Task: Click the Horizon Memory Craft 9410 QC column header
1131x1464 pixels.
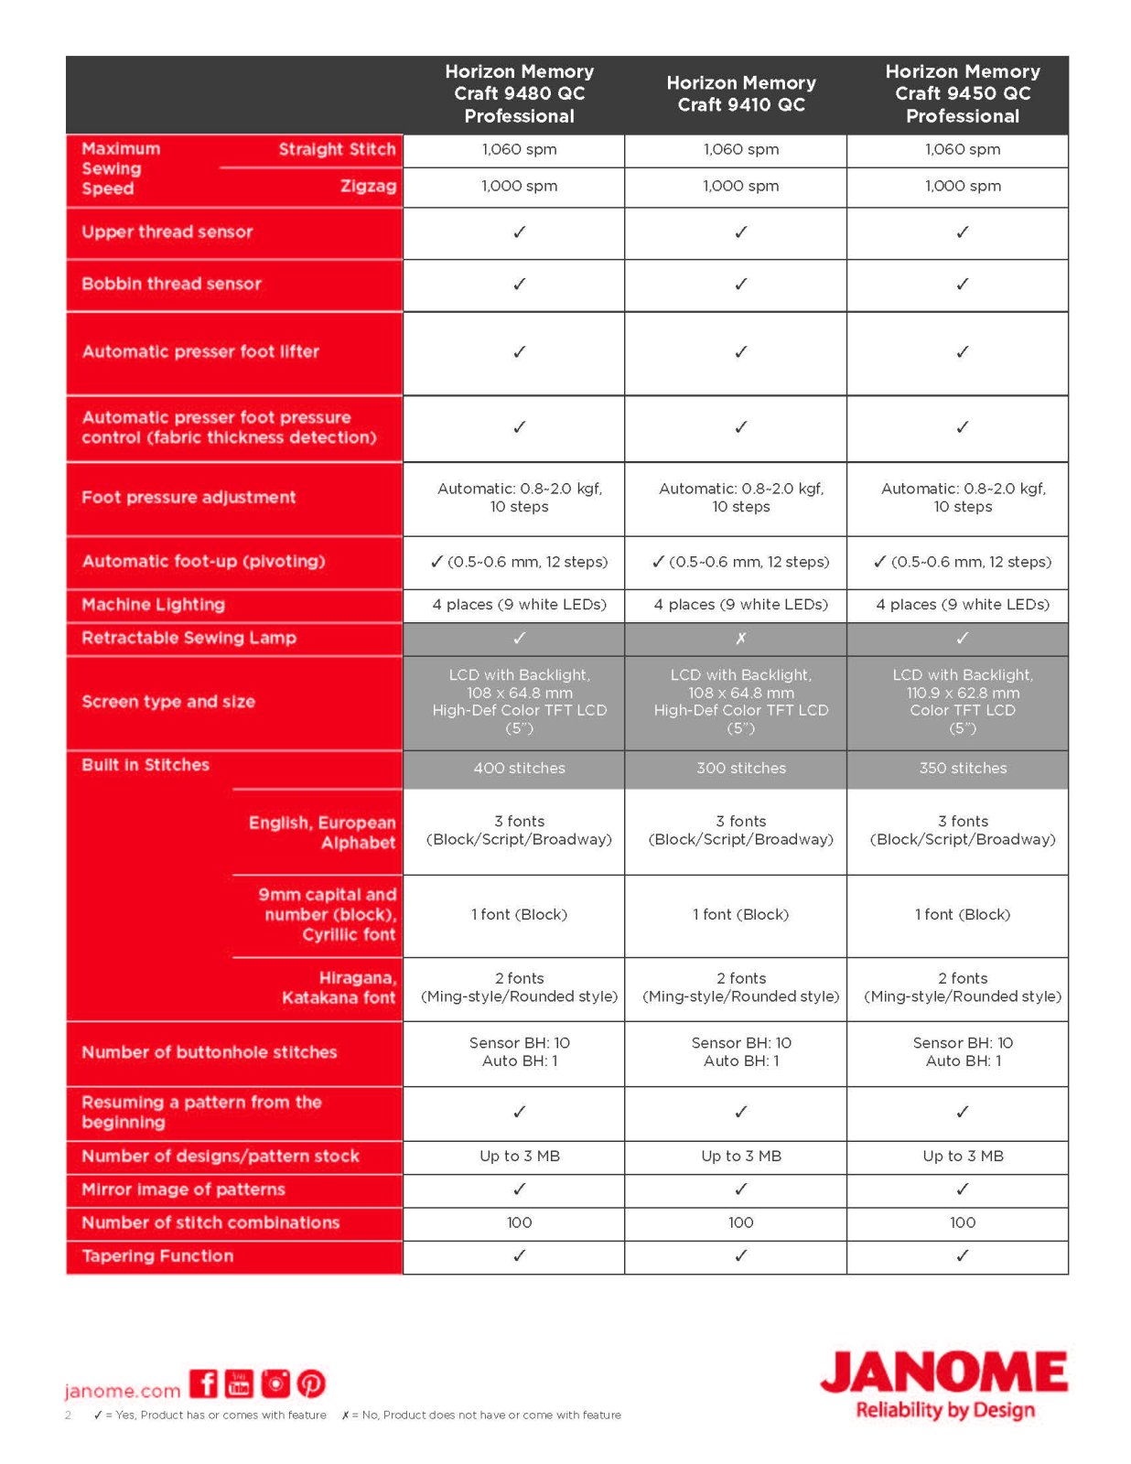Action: click(x=740, y=94)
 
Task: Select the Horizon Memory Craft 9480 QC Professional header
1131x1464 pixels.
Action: click(x=519, y=94)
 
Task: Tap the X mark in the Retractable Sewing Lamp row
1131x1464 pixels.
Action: click(x=740, y=638)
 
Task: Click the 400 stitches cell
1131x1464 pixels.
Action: click(x=519, y=768)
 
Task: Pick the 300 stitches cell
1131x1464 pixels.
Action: click(x=740, y=768)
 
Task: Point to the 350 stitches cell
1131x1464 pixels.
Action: click(x=962, y=768)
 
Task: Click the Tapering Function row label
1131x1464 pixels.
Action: click(x=157, y=1255)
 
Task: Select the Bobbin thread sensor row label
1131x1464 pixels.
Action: click(x=171, y=284)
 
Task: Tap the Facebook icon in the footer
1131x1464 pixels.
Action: click(x=204, y=1383)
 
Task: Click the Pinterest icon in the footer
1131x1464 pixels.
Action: click(x=311, y=1383)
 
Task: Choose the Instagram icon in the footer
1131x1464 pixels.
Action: click(x=275, y=1383)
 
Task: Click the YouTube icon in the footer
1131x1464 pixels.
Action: click(x=239, y=1383)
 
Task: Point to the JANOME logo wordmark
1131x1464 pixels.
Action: click(x=943, y=1372)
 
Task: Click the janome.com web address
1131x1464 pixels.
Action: click(x=123, y=1391)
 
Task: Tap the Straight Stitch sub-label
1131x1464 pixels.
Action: click(x=337, y=149)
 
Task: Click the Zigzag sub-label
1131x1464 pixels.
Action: click(x=368, y=186)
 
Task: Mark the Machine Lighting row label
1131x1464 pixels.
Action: click(x=153, y=604)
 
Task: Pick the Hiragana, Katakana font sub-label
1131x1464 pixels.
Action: click(x=339, y=987)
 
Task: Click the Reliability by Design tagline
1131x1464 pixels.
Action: click(x=945, y=1410)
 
